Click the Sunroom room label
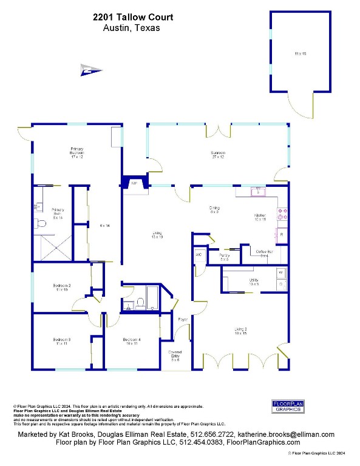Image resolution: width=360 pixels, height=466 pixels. click(x=218, y=154)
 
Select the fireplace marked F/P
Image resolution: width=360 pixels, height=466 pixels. click(x=134, y=183)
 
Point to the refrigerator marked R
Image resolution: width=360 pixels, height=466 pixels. click(x=282, y=234)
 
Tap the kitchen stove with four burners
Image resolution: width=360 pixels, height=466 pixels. click(x=282, y=214)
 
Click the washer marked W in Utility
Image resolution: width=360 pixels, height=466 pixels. click(x=281, y=273)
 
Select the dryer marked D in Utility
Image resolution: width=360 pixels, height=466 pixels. click(x=281, y=284)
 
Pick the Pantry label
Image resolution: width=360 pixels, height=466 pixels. click(x=224, y=257)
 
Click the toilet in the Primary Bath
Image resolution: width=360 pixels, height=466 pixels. click(x=39, y=223)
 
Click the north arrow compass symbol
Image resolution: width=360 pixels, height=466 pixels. click(x=90, y=71)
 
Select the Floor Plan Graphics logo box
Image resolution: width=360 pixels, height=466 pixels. click(x=287, y=406)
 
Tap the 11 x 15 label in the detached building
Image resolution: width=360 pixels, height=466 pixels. click(x=301, y=54)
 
